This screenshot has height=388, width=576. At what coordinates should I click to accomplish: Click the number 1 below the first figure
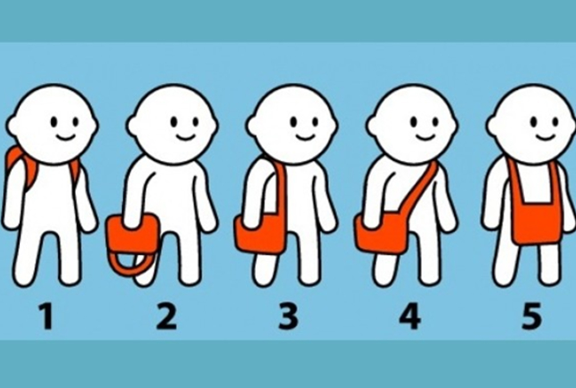[47, 316]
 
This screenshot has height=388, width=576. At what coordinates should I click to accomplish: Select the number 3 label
[289, 316]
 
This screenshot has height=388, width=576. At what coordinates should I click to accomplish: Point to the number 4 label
[410, 316]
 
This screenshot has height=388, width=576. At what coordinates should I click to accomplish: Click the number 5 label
[532, 316]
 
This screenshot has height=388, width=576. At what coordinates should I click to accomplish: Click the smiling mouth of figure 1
[66, 137]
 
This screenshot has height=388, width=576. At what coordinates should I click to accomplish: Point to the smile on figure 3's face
[305, 137]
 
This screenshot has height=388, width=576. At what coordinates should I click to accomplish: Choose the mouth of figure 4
[426, 137]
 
